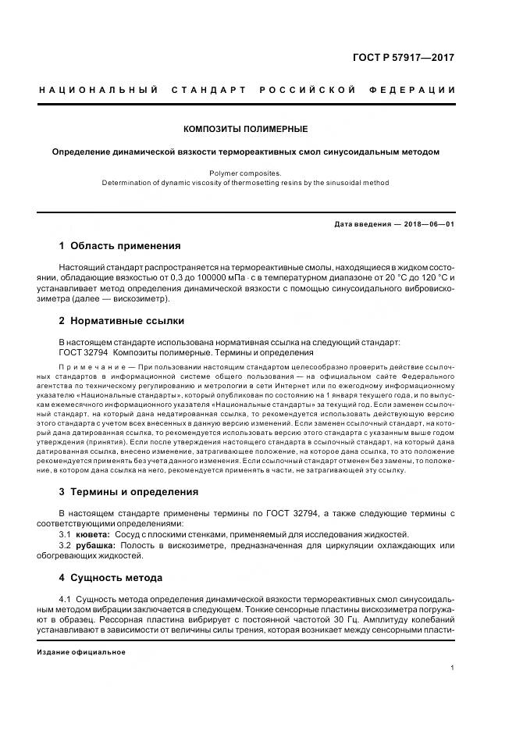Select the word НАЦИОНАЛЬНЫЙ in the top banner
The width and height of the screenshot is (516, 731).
tap(98, 91)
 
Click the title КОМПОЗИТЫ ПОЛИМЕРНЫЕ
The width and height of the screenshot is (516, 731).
tap(245, 129)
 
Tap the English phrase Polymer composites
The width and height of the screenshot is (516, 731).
tap(245, 173)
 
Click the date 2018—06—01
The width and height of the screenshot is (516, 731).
tap(429, 225)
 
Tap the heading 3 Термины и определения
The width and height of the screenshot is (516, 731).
tap(129, 492)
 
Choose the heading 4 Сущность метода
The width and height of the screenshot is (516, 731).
tap(111, 578)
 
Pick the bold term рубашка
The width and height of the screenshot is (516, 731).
tap(94, 544)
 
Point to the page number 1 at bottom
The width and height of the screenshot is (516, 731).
tap(452, 668)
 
